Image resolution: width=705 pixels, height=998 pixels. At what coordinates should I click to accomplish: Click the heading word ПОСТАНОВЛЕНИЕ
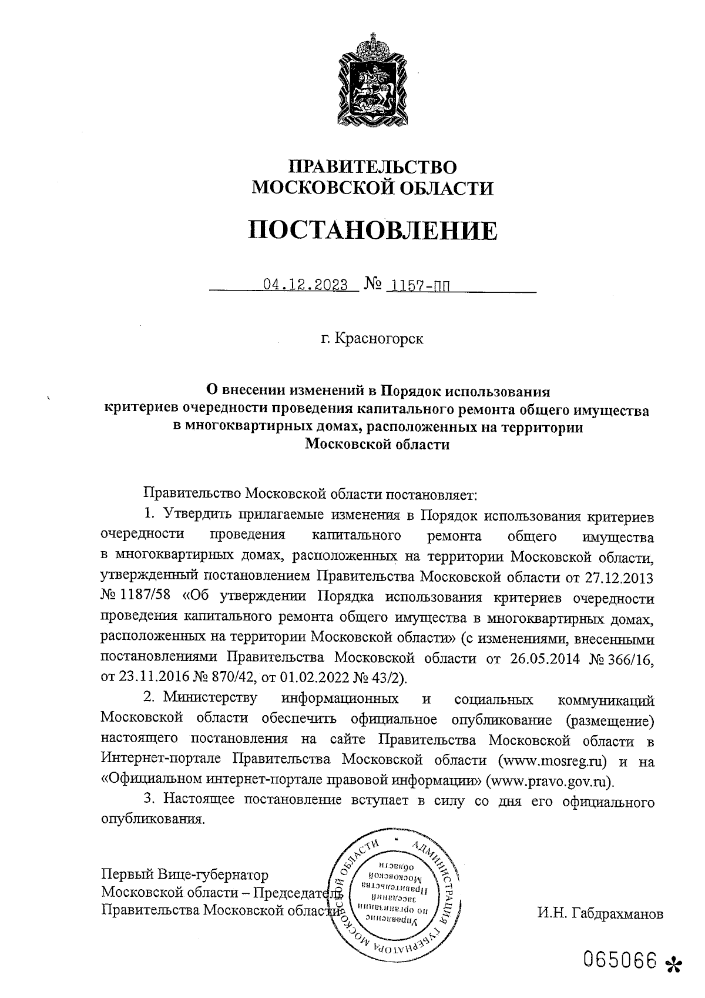point(371,231)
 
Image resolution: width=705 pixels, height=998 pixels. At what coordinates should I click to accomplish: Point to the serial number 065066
point(619,961)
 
